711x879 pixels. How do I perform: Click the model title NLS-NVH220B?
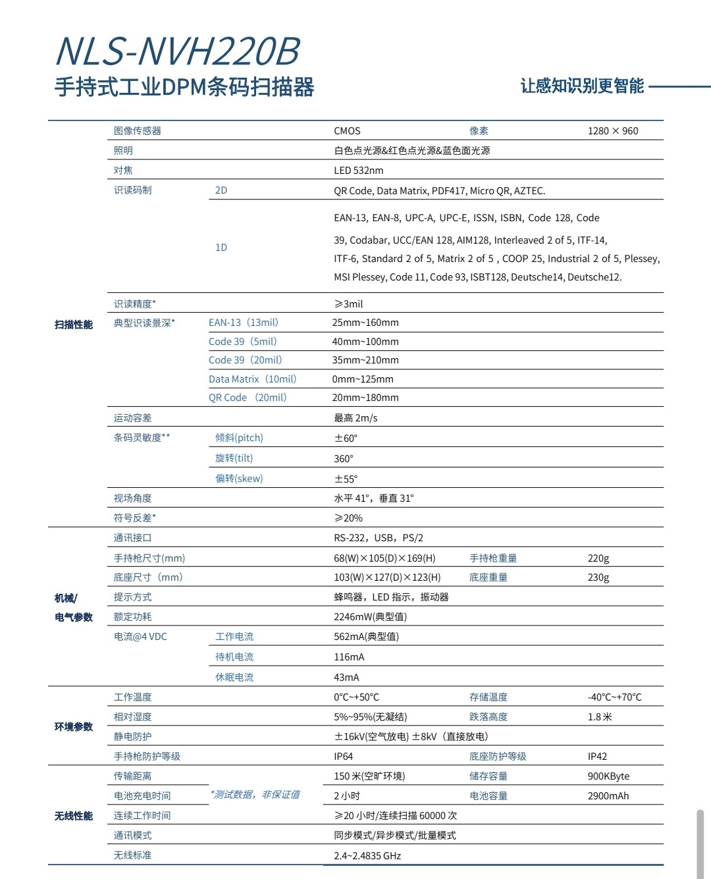point(178,51)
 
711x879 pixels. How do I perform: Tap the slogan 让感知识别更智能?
point(582,86)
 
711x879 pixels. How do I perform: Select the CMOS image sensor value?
point(347,131)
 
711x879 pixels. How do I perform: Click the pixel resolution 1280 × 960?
point(613,131)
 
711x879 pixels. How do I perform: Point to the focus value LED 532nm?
point(358,171)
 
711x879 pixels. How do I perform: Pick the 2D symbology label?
point(221,190)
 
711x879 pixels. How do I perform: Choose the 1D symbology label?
point(221,248)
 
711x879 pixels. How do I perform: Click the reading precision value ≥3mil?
point(348,304)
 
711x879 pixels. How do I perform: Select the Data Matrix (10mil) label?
point(253,379)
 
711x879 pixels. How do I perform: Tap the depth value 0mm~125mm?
point(363,379)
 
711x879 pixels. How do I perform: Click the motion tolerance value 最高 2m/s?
point(355,418)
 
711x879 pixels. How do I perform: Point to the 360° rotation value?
point(344,459)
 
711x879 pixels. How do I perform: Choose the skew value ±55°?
point(346,479)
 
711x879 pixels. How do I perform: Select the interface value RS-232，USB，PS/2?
point(379,538)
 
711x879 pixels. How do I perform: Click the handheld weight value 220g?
point(598,558)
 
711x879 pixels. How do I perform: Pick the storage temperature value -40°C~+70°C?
point(614,697)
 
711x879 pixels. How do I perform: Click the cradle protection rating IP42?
point(597,757)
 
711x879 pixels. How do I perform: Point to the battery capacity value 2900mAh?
point(608,796)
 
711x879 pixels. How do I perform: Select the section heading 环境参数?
point(74,727)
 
